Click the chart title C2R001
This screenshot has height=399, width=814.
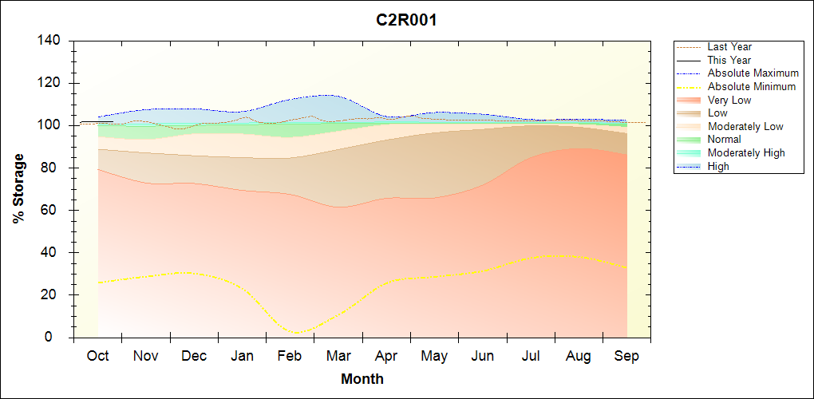pyautogui.click(x=406, y=20)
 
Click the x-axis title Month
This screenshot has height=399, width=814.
pyautogui.click(x=362, y=379)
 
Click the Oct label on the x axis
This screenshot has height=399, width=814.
pyautogui.click(x=97, y=356)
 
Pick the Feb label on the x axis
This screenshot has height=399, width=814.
pyautogui.click(x=290, y=356)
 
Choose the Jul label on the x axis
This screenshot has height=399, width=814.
pyautogui.click(x=531, y=356)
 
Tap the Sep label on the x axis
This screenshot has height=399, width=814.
pyautogui.click(x=626, y=356)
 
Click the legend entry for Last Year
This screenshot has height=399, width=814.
pyautogui.click(x=729, y=47)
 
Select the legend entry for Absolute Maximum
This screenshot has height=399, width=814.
pyautogui.click(x=753, y=73)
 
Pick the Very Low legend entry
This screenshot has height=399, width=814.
pyautogui.click(x=729, y=100)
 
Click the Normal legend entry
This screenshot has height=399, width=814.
pyautogui.click(x=724, y=140)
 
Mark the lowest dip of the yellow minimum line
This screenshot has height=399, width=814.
pyautogui.click(x=297, y=332)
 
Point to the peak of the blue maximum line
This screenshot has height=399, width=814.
pyautogui.click(x=328, y=95)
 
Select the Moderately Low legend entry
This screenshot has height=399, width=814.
pyautogui.click(x=745, y=127)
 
